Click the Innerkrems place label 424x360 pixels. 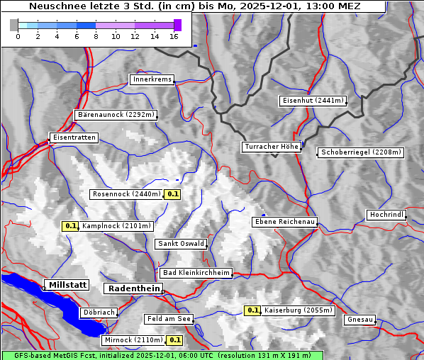tap(152, 79)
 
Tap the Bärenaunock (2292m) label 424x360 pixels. tap(115, 114)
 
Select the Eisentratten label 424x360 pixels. tap(73, 137)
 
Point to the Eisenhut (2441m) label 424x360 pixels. tap(313, 101)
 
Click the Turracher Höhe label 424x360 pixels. tap(272, 147)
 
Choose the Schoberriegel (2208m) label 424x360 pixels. tap(361, 152)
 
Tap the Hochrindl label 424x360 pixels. tap(386, 215)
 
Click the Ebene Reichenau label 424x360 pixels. tap(284, 222)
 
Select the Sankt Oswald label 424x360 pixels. tap(181, 244)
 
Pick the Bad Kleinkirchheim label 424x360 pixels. tap(196, 273)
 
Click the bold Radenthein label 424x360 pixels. tap(133, 288)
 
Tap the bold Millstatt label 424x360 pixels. tap(67, 285)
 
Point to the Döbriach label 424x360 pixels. tap(98, 313)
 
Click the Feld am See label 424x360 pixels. tap(169, 319)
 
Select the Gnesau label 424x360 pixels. tap(359, 320)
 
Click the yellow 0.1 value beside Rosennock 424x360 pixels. tap(172, 193)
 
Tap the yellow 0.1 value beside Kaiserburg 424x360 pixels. tap(252, 310)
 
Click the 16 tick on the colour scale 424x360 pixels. tap(174, 36)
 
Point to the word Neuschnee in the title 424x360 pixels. tap(52, 6)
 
